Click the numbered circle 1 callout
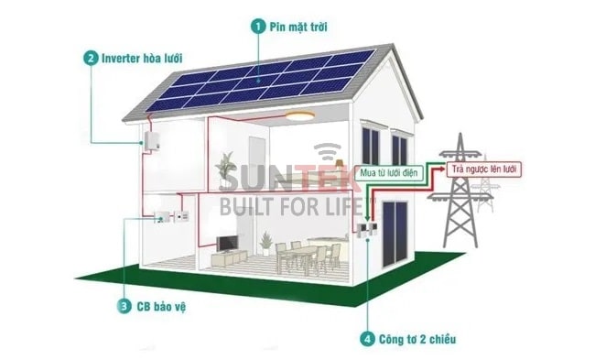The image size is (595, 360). coord(259,27)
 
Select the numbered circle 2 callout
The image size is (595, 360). coord(91,57)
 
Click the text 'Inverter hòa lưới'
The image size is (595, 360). coord(146,57)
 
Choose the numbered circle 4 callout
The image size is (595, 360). coord(366,339)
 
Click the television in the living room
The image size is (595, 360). coord(227,243)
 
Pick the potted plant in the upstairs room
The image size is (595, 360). coord(225,170)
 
